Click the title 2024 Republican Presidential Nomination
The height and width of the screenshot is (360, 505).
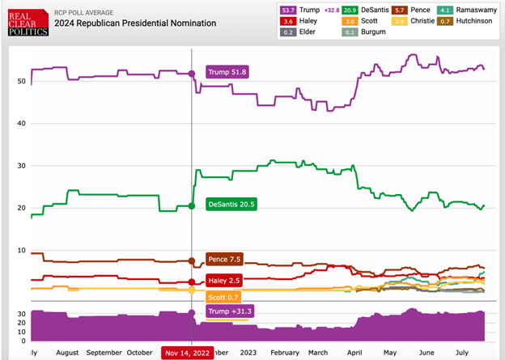pos(135,23)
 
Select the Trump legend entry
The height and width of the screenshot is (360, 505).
pos(308,10)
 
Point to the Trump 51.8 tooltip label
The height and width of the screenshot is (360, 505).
pos(227,72)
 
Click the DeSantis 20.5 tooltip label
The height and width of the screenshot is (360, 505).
pos(231,205)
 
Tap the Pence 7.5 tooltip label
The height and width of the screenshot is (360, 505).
pos(225,260)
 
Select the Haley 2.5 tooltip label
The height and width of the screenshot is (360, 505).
pos(225,280)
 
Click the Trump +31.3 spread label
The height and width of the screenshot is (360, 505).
pos(230,311)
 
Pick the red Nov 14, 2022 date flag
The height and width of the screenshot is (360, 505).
pos(190,353)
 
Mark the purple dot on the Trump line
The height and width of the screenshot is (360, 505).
pos(192,74)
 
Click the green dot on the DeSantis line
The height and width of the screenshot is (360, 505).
pos(192,205)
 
